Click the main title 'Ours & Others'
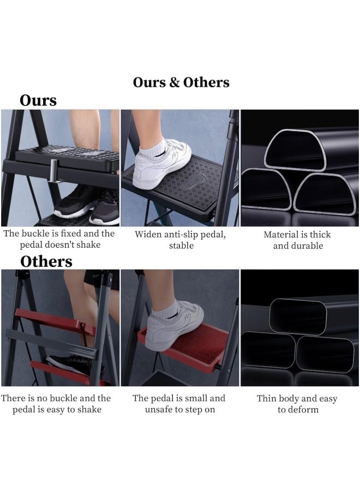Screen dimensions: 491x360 [x=181, y=82]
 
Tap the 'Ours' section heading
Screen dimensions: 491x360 [x=38, y=100]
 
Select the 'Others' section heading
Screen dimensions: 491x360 [x=46, y=261]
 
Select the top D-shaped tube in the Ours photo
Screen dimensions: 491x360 [x=295, y=149]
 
